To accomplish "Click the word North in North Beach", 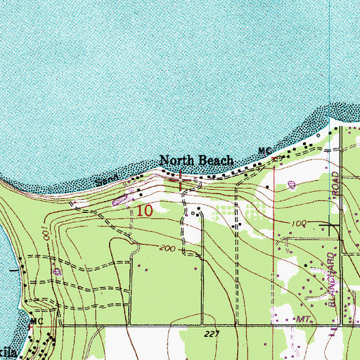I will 176,160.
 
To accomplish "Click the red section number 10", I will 145,210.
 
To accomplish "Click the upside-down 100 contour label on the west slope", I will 45,230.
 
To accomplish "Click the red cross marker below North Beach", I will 182,181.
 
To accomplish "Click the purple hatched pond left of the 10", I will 120,200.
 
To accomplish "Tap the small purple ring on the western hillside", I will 58,270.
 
